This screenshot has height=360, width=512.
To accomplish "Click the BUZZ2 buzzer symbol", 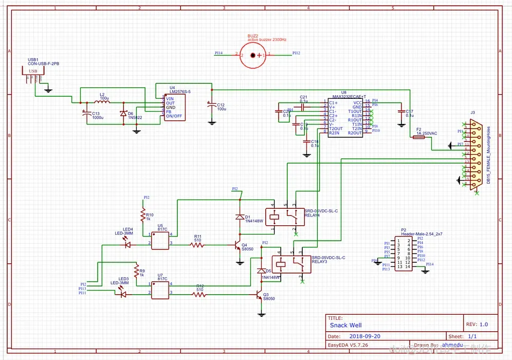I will (x=252, y=55).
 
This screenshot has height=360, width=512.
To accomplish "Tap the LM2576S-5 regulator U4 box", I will (x=174, y=106).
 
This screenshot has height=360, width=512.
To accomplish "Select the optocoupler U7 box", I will (x=160, y=290).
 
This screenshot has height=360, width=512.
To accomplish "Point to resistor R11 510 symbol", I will (x=197, y=245).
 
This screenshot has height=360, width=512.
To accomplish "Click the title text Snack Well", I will (x=345, y=325).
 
